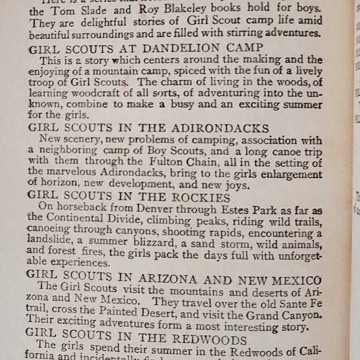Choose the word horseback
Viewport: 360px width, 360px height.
coord(78,208)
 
